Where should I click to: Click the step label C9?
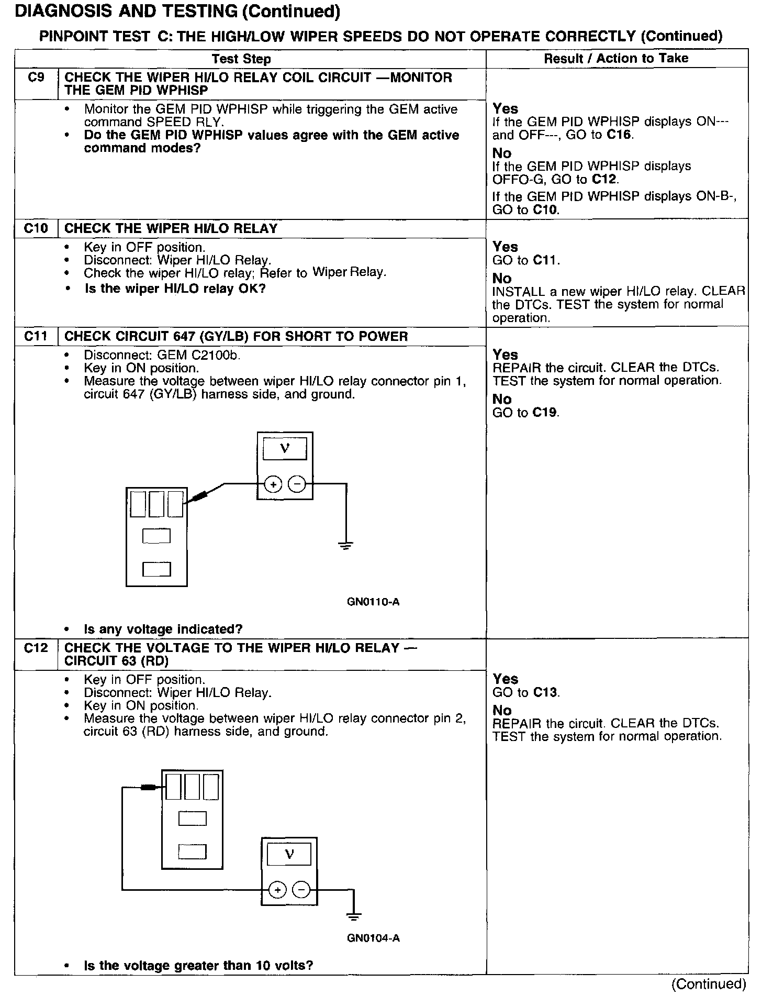pos(36,78)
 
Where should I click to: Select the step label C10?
pos(36,228)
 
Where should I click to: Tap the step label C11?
pos(36,336)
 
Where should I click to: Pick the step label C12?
pos(36,648)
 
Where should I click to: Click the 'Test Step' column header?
pos(241,59)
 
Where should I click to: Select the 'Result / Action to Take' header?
pos(616,58)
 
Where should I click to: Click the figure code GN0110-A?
pos(373,602)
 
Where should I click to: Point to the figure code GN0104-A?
pos(373,938)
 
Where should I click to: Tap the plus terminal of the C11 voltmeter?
pos(273,485)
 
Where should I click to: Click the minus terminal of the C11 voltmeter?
pos(297,485)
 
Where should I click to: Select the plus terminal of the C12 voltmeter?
pos(277,890)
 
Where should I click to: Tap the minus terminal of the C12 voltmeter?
pos(301,890)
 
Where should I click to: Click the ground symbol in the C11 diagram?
pos(346,546)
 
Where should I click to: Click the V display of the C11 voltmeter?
pos(285,449)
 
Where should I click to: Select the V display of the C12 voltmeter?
pos(289,855)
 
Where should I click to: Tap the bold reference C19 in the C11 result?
pos(545,413)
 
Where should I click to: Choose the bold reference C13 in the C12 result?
pos(546,692)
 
